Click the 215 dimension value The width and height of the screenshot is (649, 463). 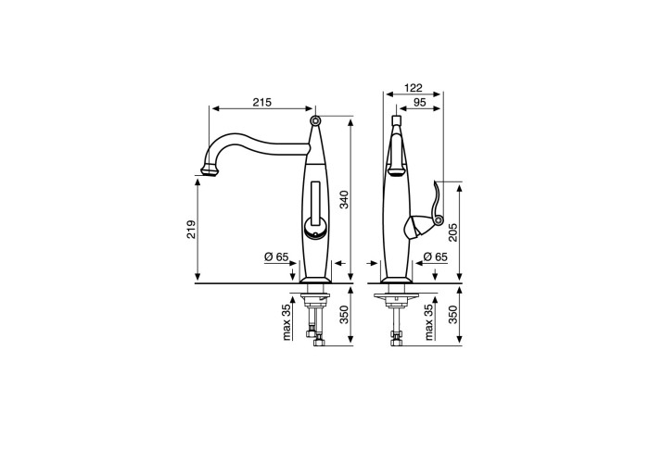[x=262, y=102]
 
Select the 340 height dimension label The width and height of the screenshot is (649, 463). [x=344, y=199]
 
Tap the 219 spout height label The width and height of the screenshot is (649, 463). [x=191, y=230]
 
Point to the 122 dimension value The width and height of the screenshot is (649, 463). [x=414, y=88]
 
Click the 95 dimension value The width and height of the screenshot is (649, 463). [x=419, y=102]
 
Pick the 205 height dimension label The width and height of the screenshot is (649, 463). [x=452, y=232]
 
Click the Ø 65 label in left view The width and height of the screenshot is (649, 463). [x=276, y=257]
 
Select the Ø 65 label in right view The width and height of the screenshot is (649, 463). [x=436, y=257]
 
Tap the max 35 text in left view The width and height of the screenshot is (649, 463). [x=286, y=322]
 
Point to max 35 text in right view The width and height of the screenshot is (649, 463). [x=428, y=322]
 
